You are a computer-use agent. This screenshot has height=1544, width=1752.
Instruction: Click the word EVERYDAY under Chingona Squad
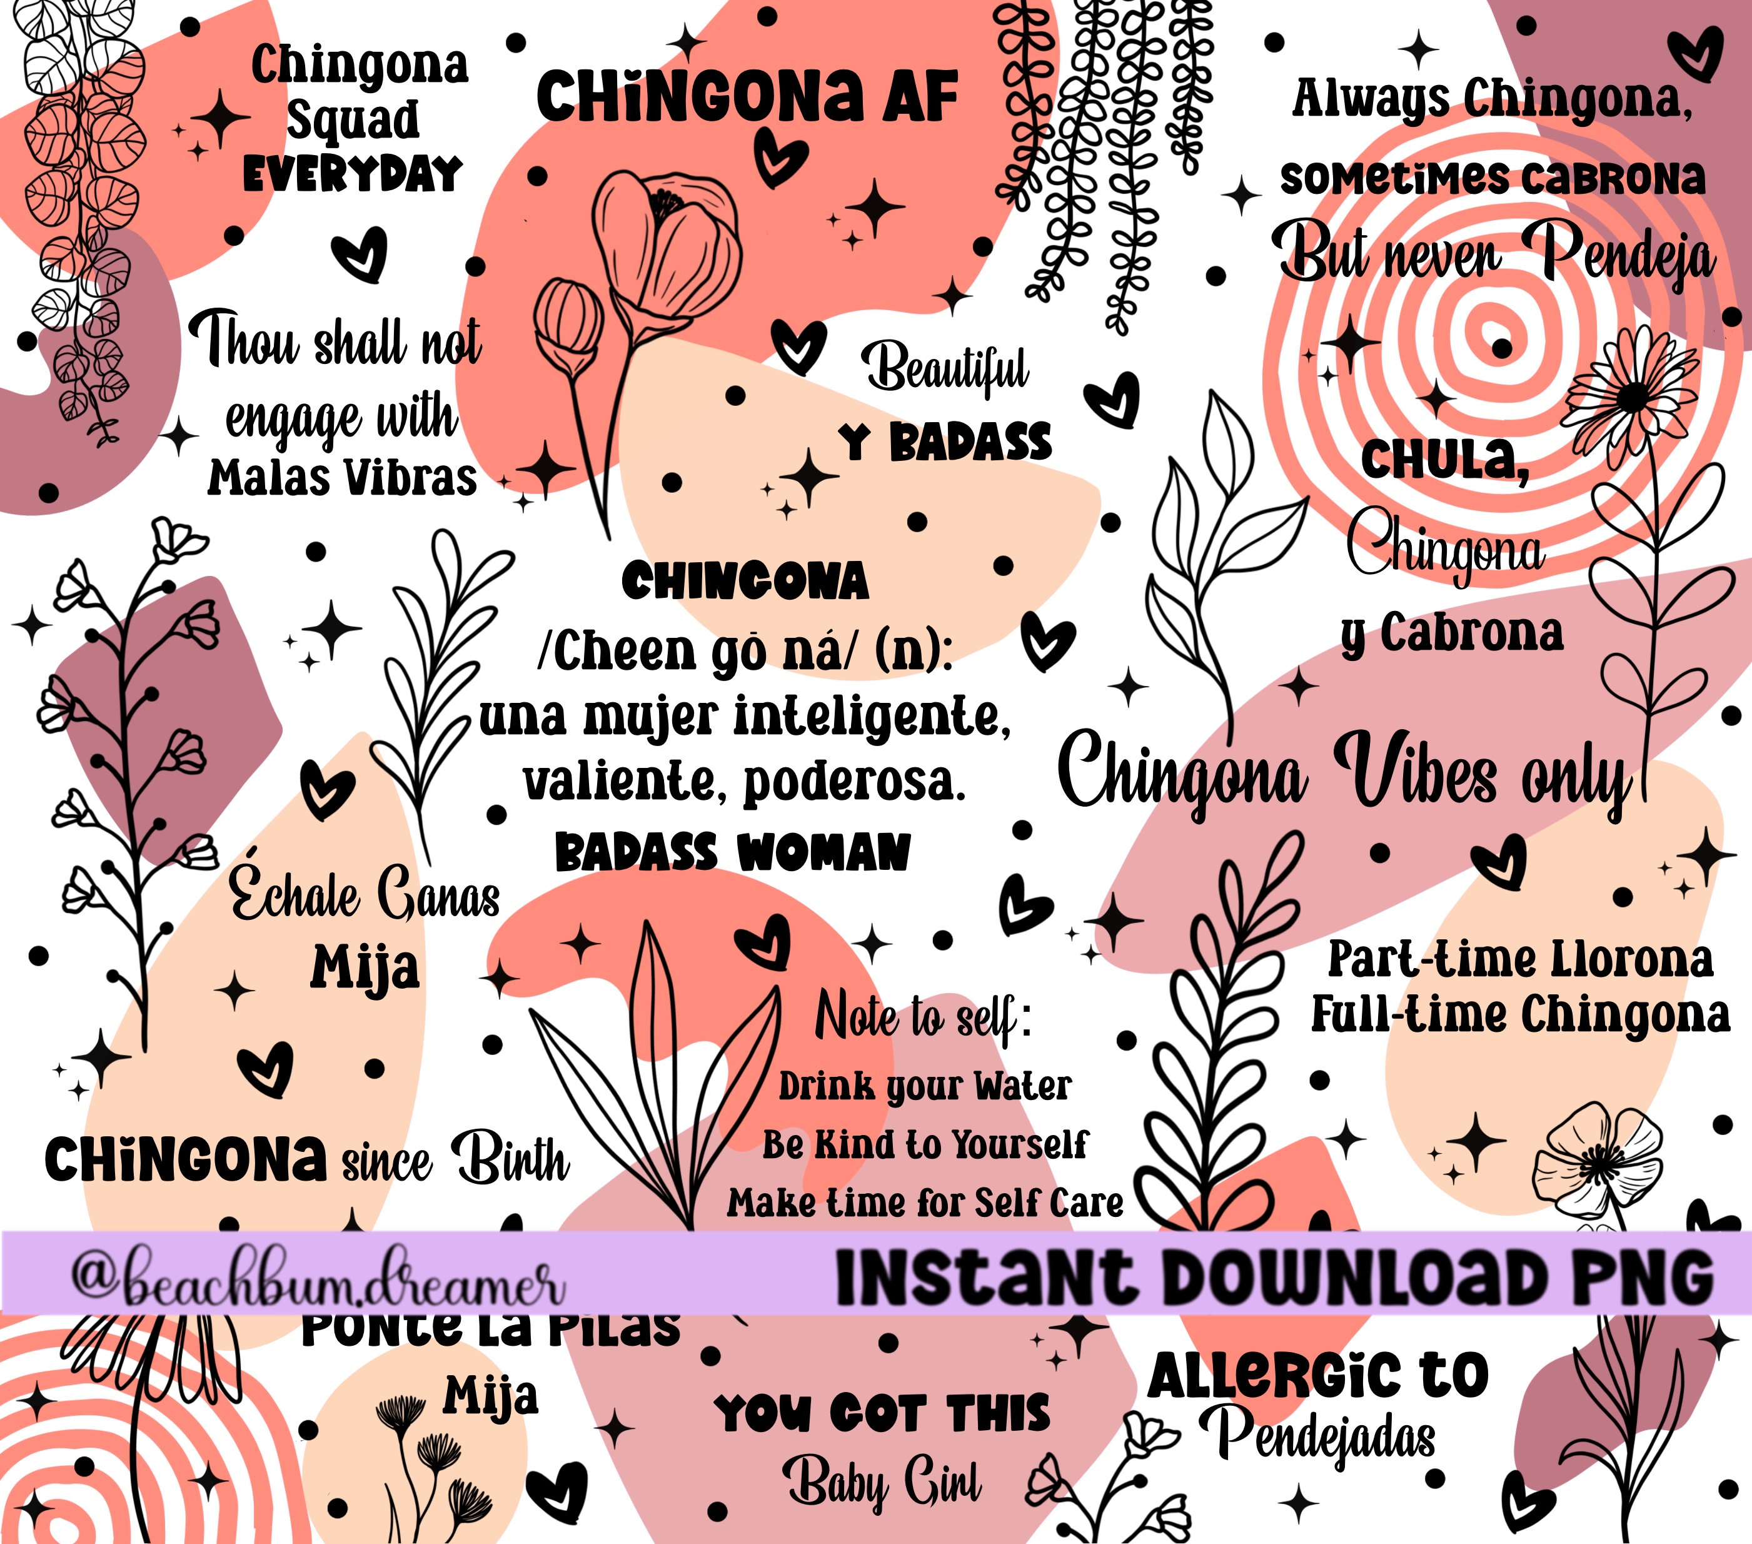click(352, 175)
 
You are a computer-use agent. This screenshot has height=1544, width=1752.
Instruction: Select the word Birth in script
click(511, 1159)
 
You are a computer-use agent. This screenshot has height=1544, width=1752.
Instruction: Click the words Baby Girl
click(883, 1484)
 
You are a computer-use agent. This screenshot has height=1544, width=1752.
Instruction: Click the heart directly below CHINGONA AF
click(779, 159)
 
